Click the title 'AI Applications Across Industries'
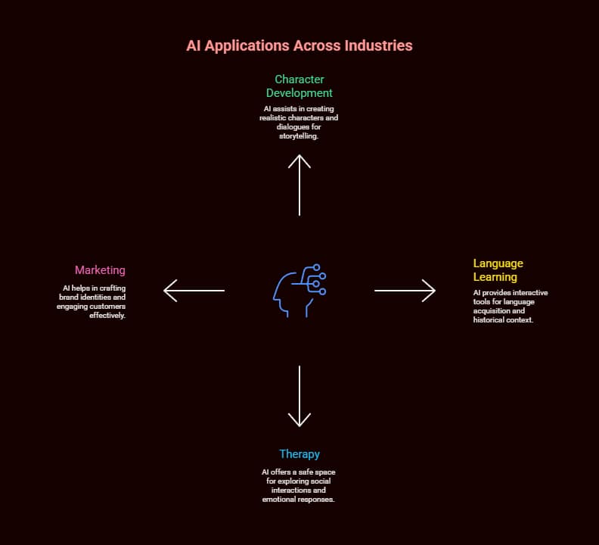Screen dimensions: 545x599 point(299,45)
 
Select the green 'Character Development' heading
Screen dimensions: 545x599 point(299,86)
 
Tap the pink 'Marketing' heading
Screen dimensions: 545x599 point(100,270)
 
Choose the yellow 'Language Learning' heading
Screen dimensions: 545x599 point(498,270)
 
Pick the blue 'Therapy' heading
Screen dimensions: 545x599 point(299,454)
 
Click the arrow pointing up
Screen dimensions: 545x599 point(299,185)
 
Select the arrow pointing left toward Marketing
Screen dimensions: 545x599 point(194,290)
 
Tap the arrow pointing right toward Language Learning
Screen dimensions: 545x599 point(405,290)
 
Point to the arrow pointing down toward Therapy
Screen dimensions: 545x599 point(299,396)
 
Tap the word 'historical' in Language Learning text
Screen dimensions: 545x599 point(492,319)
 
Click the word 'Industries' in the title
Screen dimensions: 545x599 point(378,45)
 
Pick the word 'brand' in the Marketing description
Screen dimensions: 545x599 point(70,297)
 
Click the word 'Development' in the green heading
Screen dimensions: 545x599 point(299,93)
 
